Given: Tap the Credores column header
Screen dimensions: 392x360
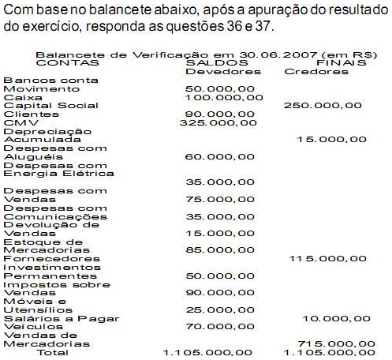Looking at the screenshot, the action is tap(317, 71).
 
